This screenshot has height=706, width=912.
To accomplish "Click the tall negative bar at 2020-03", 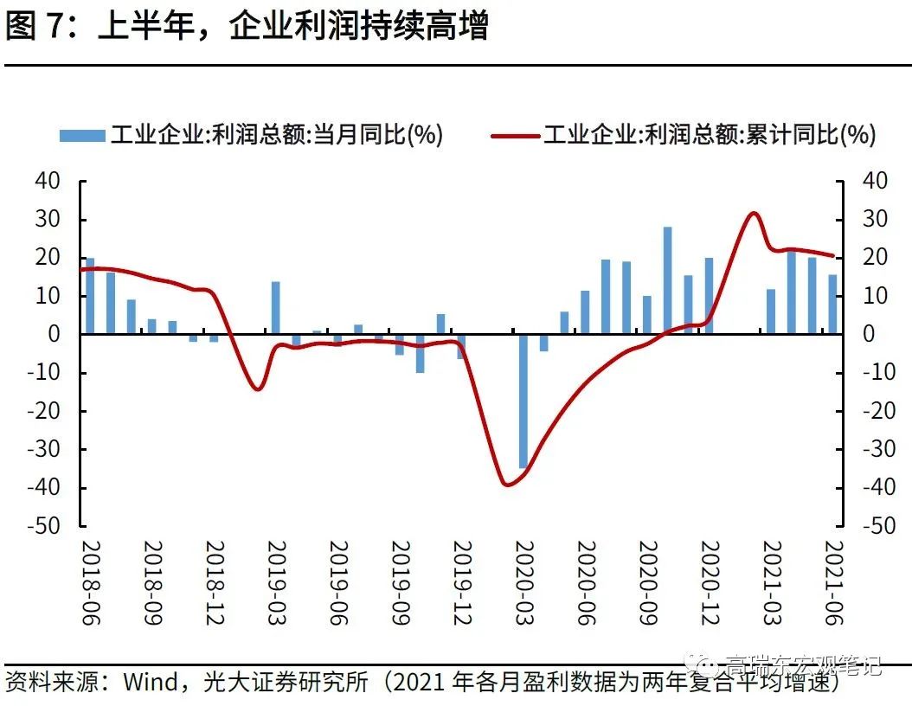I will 523,401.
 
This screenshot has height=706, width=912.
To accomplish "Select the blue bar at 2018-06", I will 89,296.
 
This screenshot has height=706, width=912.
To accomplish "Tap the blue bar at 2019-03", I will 275,308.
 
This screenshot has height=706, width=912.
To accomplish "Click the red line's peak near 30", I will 753,213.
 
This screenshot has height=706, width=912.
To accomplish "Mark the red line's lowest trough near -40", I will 507,485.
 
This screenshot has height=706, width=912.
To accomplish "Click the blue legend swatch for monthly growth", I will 82,135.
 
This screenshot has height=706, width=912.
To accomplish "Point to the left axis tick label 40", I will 48,182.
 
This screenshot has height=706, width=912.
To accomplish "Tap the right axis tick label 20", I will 876,258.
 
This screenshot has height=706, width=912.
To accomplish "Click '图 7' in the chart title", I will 34,28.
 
